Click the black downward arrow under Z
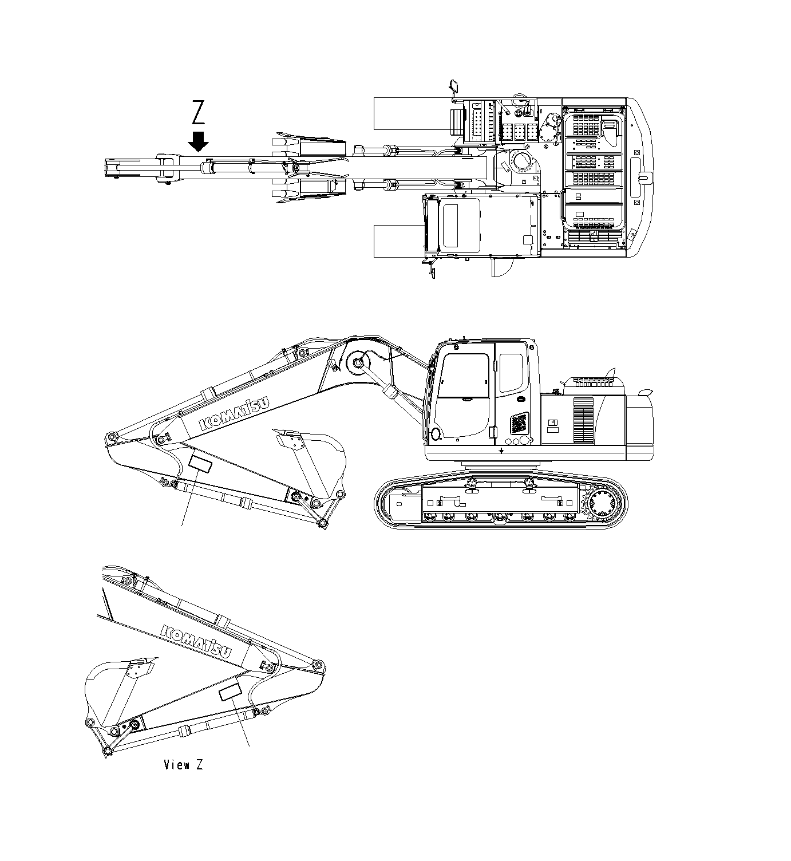click(x=199, y=141)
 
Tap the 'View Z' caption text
click(x=183, y=764)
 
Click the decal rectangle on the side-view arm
click(x=200, y=462)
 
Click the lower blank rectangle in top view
click(x=399, y=241)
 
